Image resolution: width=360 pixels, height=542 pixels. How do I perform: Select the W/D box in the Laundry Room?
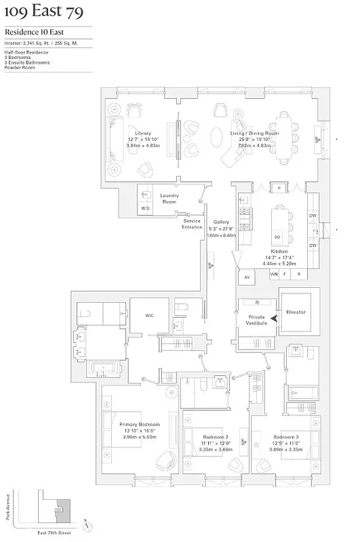(145, 208)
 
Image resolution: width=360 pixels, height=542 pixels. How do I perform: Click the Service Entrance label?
(192, 224)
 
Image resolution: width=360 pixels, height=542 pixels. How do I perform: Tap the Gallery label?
(221, 222)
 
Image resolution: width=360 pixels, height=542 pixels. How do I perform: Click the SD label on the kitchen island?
(277, 236)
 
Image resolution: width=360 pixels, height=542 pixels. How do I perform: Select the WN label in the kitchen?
(274, 274)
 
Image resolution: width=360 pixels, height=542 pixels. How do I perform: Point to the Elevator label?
(296, 312)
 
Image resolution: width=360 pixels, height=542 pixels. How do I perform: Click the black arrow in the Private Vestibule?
(274, 318)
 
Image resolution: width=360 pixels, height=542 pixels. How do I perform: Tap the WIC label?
(151, 315)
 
